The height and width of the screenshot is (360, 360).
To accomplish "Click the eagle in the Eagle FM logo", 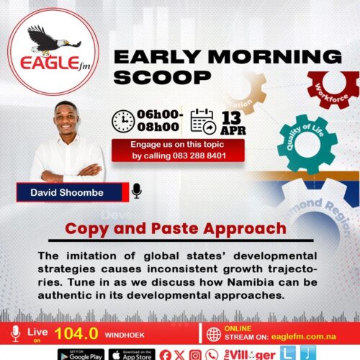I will (x=45, y=39).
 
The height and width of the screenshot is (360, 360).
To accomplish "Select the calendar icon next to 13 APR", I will (x=203, y=120).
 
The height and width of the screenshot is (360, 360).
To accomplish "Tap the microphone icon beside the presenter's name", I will (x=137, y=191).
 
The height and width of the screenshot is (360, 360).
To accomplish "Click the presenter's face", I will (x=67, y=119).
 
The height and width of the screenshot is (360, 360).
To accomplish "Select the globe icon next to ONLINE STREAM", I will (x=213, y=334).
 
